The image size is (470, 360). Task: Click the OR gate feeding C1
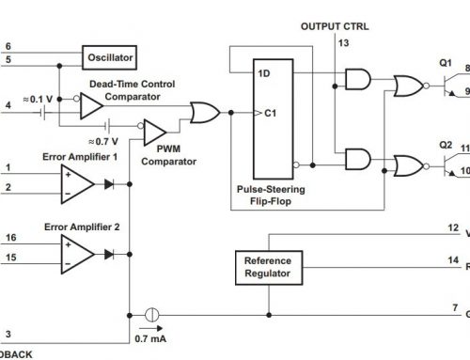[x=202, y=115]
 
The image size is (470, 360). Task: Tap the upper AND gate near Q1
[x=356, y=83]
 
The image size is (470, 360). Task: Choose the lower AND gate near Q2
[x=356, y=158]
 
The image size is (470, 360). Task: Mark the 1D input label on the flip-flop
[x=265, y=72]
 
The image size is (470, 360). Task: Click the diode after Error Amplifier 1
[x=111, y=184]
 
